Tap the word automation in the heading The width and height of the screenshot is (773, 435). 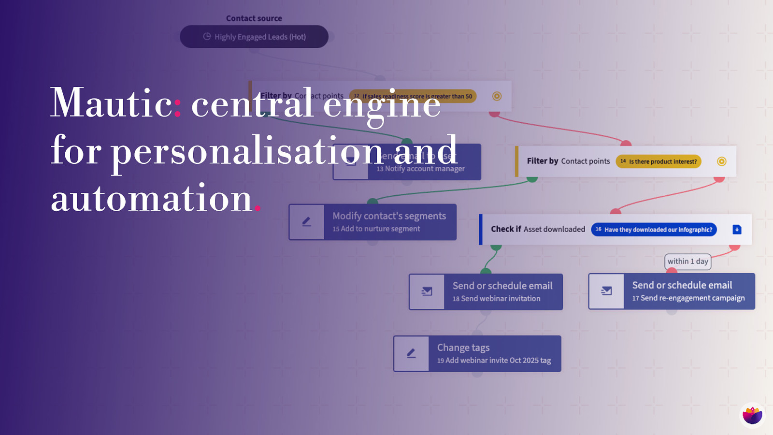(151, 199)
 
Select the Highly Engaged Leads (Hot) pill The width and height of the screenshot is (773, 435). (254, 37)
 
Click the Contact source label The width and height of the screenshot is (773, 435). (254, 18)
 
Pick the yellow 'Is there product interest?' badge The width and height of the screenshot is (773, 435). (658, 161)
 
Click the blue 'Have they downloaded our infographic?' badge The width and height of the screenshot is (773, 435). (654, 230)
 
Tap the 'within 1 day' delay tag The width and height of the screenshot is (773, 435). (687, 261)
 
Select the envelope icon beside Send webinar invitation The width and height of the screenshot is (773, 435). (427, 291)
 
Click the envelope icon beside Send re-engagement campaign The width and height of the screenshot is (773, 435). (606, 291)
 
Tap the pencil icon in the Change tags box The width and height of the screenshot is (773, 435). (411, 353)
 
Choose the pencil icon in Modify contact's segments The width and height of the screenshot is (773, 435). (306, 222)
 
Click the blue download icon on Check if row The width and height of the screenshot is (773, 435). (737, 230)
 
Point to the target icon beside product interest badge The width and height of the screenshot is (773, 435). (721, 161)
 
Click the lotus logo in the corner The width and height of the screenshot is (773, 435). (752, 415)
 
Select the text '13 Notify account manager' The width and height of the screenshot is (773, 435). (420, 169)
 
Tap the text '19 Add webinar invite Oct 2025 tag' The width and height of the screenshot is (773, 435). (494, 361)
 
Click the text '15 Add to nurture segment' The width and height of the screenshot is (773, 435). (376, 229)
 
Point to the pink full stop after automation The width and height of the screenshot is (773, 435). (258, 208)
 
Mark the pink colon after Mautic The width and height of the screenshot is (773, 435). (178, 108)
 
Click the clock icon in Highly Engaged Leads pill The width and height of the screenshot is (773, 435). (207, 36)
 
